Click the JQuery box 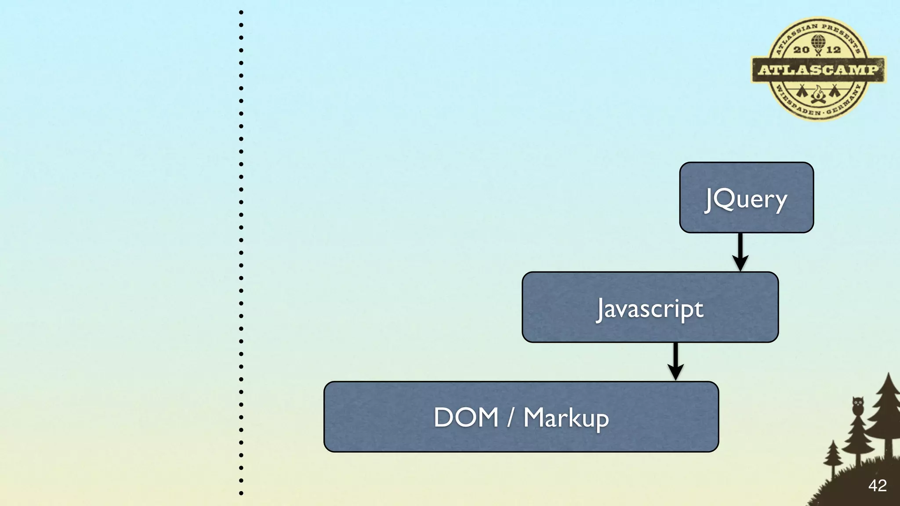[x=746, y=198]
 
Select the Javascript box [x=650, y=307]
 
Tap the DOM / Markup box [x=521, y=417]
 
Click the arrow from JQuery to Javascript [x=740, y=252]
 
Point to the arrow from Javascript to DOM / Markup [x=675, y=361]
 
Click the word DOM [x=466, y=417]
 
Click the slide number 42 [x=877, y=486]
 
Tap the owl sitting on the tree [x=858, y=405]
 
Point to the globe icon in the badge [x=818, y=42]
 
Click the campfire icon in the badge [x=818, y=94]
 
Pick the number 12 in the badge [x=834, y=50]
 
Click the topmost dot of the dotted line [x=241, y=12]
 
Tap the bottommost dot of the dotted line [x=241, y=493]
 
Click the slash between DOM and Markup [x=510, y=417]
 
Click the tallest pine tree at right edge [x=888, y=408]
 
